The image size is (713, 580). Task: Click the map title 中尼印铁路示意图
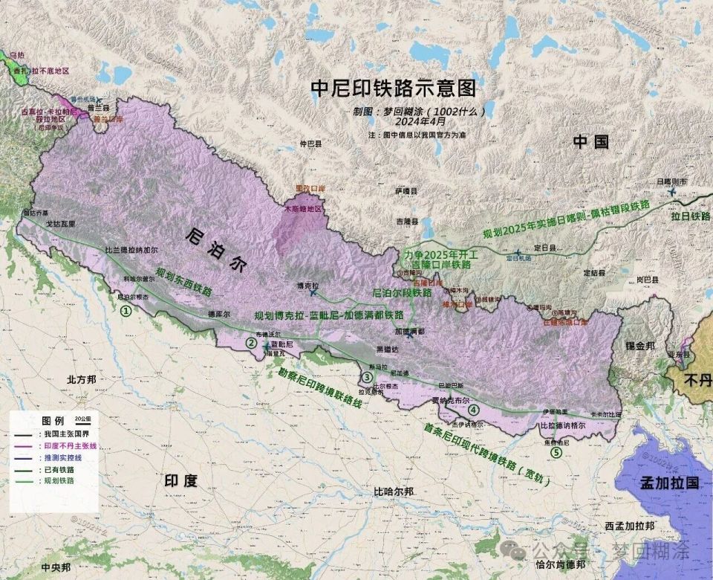coord(393,88)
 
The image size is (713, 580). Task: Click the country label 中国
coord(590,142)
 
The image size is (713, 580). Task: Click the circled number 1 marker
coord(126,311)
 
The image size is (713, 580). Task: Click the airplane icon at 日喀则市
coord(673,192)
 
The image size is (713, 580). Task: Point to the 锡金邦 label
coord(639,347)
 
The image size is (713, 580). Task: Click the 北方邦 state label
coord(82,379)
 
